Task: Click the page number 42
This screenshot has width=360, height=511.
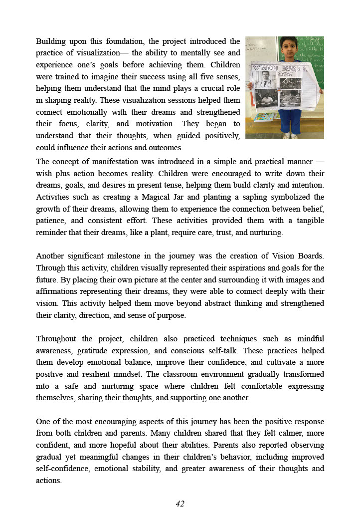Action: coord(180,504)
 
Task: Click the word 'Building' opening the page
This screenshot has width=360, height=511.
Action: coord(51,41)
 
